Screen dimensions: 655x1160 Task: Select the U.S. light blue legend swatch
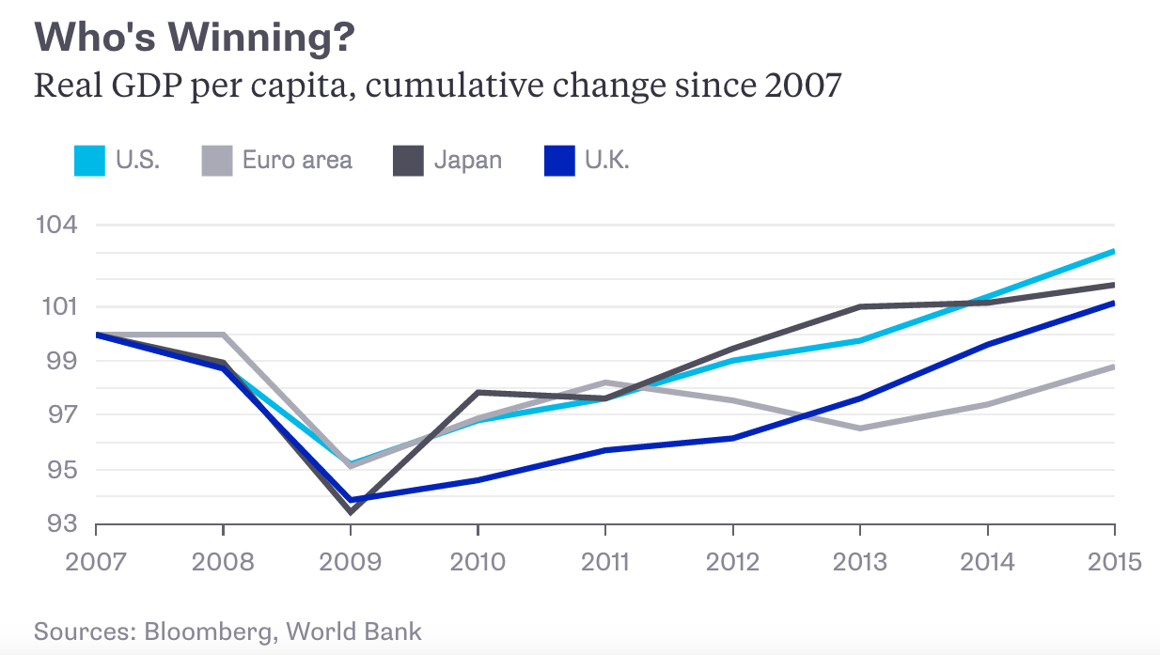89,160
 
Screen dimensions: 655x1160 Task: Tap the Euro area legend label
297,160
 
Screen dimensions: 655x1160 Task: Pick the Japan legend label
467,160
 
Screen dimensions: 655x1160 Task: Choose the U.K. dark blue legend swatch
559,160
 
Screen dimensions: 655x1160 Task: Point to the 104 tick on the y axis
58,226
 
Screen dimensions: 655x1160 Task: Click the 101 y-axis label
58,306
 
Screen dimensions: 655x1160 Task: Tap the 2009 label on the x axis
350,562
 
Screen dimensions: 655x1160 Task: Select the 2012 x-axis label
732,562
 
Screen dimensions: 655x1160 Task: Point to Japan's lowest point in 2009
350,511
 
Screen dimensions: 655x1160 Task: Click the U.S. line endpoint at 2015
1114,251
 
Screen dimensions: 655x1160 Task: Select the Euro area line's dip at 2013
859,428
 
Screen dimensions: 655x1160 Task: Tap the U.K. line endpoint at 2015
1114,303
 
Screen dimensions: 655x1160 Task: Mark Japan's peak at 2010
478,392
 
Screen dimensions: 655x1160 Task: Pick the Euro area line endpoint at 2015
1114,366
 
